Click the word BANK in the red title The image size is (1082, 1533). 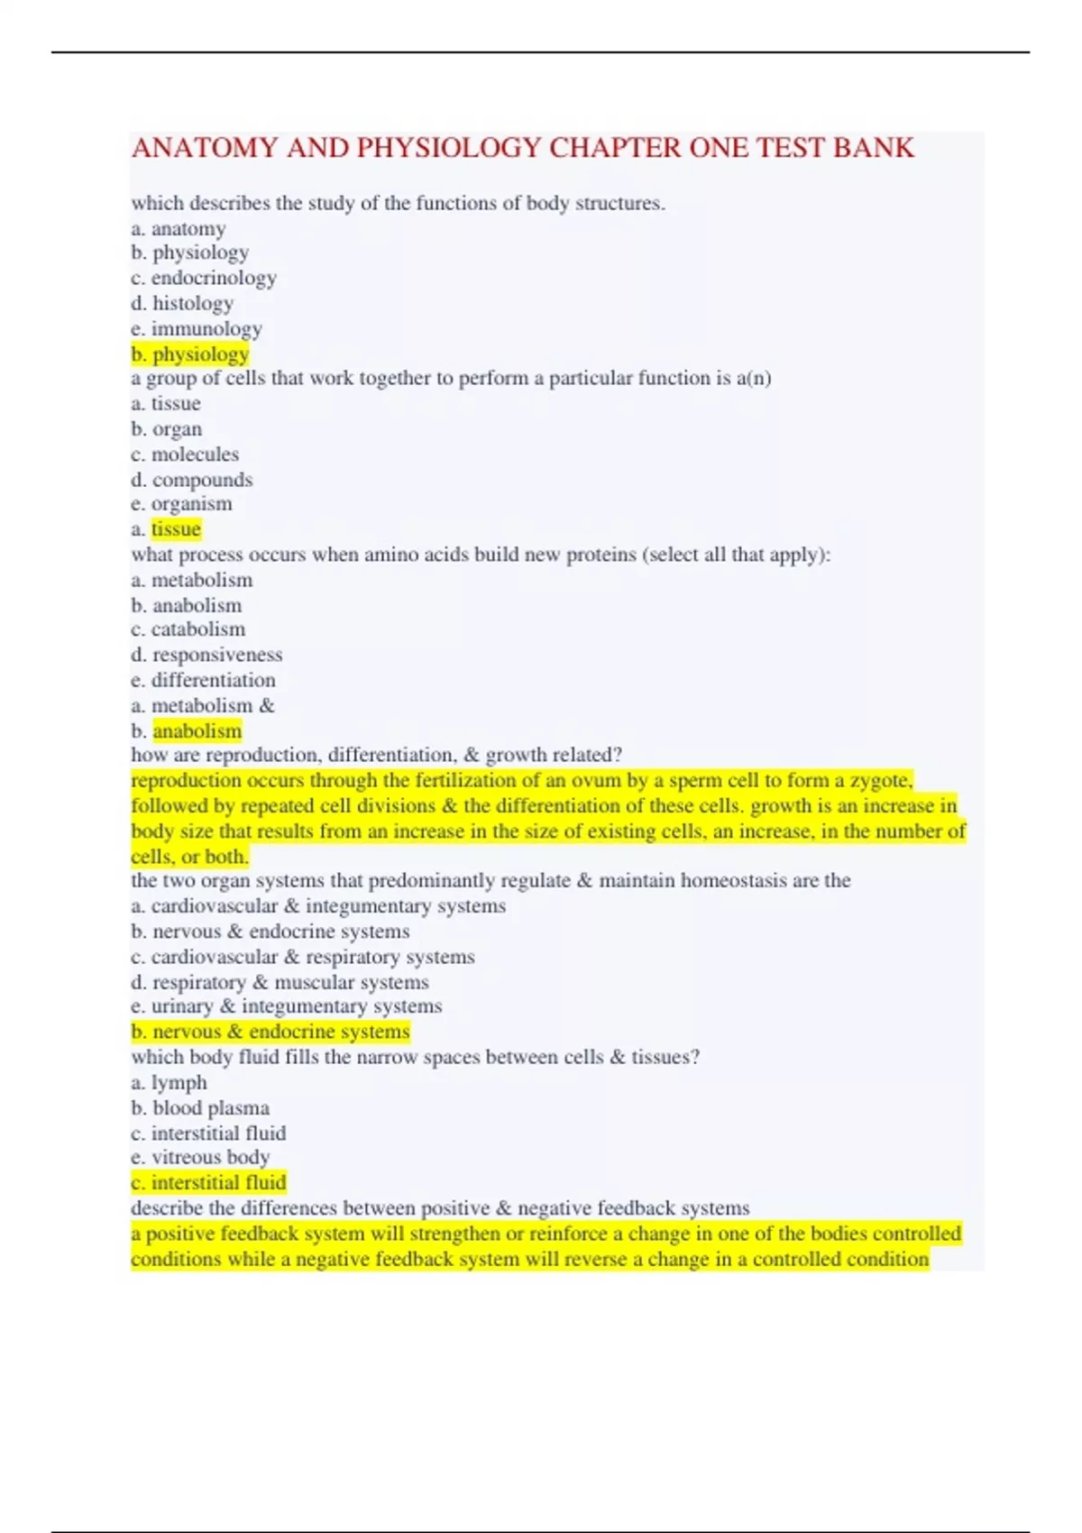873,148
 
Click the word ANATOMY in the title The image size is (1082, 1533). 205,148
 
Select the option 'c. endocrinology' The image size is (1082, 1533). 204,279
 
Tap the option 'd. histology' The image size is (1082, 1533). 182,304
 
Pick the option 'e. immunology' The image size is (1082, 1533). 197,329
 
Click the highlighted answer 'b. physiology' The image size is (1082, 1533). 190,354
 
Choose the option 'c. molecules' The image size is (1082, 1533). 185,454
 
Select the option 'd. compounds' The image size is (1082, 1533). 192,480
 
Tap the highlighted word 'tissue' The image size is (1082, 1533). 176,529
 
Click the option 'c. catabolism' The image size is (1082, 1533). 188,629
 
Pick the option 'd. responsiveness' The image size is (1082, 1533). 206,655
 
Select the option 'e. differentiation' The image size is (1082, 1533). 203,680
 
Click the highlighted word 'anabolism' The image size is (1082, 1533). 197,731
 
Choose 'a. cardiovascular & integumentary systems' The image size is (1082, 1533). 318,906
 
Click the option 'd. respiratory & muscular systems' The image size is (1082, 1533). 280,982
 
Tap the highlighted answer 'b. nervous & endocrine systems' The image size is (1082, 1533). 270,1032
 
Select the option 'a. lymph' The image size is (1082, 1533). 169,1083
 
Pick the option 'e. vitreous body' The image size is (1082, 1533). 200,1157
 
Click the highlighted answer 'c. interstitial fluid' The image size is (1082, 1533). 208,1182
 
